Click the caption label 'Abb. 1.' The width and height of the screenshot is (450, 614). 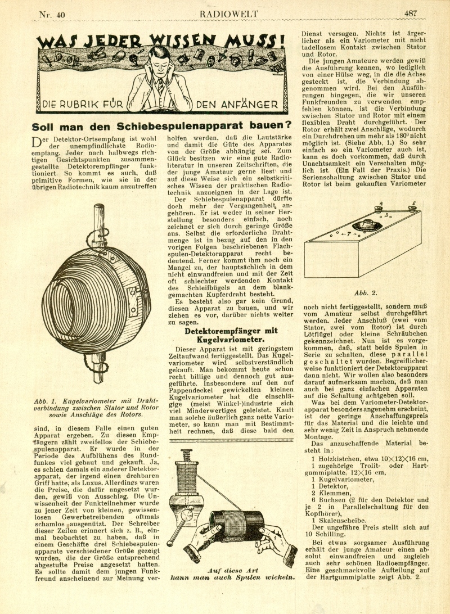click(44, 401)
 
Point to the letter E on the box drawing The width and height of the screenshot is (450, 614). click(413, 203)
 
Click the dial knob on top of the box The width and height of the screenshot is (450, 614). click(373, 225)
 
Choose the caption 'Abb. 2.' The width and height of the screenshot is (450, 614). click(366, 293)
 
